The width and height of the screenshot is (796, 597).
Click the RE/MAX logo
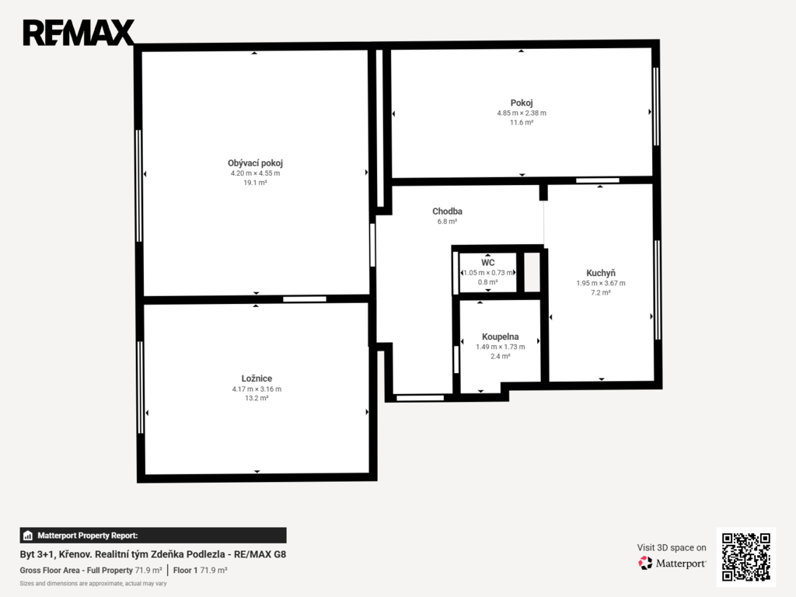(x=79, y=33)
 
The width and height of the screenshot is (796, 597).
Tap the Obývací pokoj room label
(x=255, y=163)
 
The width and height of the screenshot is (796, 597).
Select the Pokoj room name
(x=522, y=103)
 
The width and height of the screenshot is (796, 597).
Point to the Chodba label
(x=447, y=211)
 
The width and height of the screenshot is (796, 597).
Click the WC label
(x=488, y=263)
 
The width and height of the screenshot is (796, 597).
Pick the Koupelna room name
(x=500, y=337)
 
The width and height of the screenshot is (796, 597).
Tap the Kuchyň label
(x=601, y=273)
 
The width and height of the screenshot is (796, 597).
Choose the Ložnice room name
(x=257, y=379)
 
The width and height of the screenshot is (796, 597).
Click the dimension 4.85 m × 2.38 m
(x=522, y=113)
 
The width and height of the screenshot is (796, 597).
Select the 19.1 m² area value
(x=255, y=183)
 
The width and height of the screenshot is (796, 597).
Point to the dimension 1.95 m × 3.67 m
(x=601, y=283)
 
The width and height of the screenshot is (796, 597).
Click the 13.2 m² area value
(x=257, y=398)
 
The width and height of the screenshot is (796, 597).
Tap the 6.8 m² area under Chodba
(x=447, y=222)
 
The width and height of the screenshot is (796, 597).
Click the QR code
(x=745, y=557)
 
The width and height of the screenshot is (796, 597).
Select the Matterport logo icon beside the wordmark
(x=645, y=563)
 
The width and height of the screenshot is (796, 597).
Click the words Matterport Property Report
(x=87, y=536)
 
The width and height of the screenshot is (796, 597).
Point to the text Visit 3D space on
(x=672, y=548)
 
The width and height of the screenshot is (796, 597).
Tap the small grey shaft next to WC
(x=532, y=272)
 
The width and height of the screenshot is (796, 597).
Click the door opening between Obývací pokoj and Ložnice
(x=305, y=299)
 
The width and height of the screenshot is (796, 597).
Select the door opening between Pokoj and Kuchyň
(x=598, y=180)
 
